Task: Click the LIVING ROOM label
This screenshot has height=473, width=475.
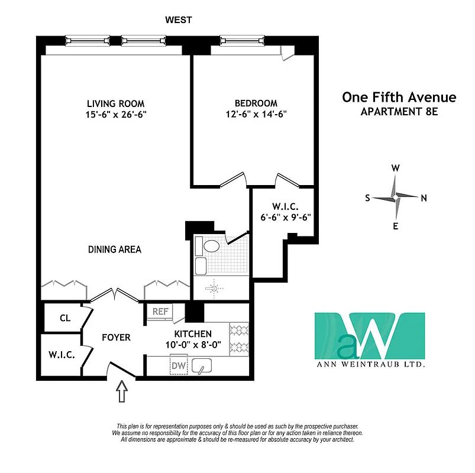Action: point(115,103)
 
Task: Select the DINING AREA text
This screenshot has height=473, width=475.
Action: point(115,250)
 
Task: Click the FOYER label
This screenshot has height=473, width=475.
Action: point(115,338)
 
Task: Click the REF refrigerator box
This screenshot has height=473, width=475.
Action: point(160,312)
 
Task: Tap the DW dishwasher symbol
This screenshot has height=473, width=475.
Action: point(178,366)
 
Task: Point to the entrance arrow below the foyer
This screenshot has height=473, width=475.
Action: point(122,391)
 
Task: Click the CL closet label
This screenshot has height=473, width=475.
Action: point(65,318)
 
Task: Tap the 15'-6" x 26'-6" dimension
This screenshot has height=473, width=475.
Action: point(115,114)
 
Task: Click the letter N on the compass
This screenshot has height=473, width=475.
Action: point(424,198)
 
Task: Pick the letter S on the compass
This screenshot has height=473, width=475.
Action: point(367,198)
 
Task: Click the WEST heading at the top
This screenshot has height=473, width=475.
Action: point(179,20)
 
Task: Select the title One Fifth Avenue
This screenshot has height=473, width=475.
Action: point(399,98)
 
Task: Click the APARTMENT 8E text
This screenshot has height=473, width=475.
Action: point(399,112)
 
